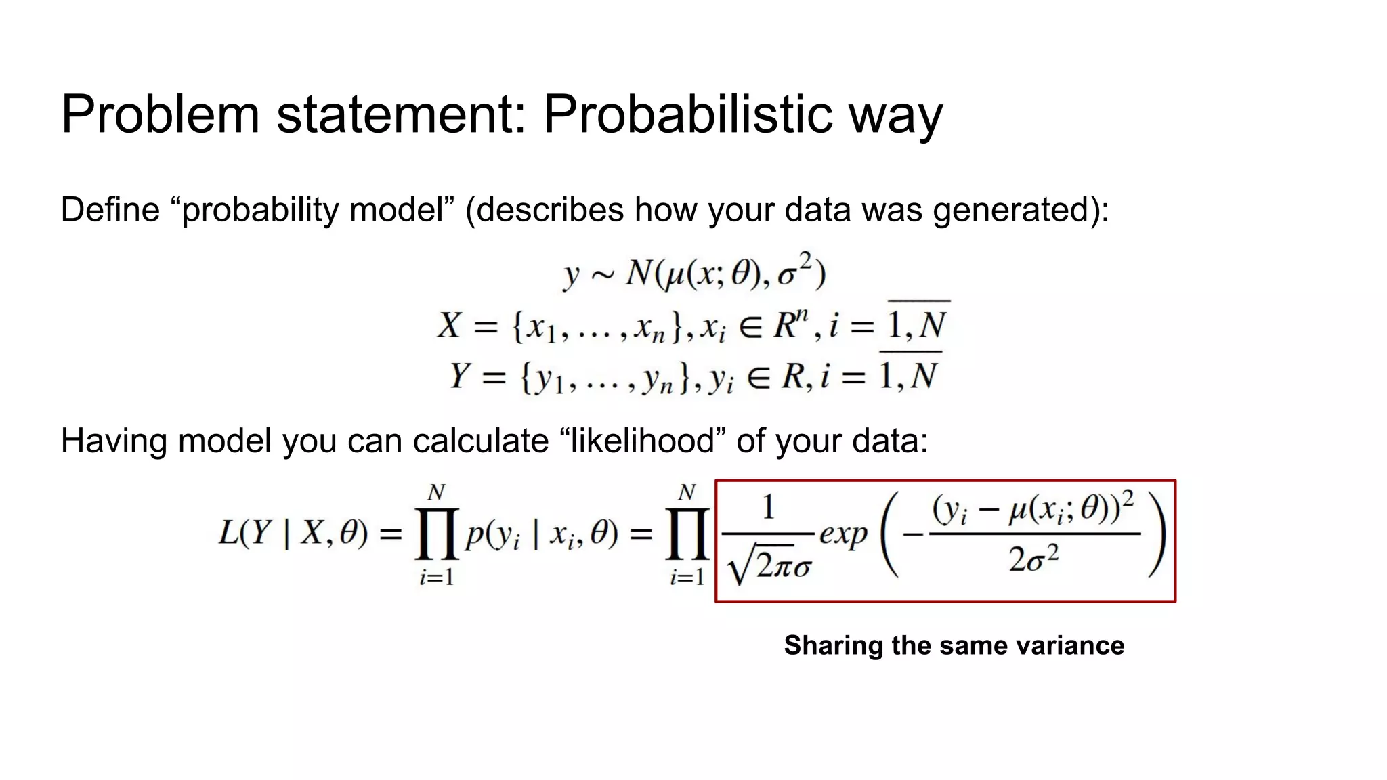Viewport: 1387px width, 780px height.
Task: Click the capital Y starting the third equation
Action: coord(460,376)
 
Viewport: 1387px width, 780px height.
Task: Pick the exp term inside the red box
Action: coord(843,534)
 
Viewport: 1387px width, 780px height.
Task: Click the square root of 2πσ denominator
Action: coord(769,565)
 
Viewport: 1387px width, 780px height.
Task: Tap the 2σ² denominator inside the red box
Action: coord(1033,560)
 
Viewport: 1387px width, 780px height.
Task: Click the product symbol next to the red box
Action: coord(687,535)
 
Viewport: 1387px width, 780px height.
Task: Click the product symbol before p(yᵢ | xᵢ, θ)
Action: coord(437,535)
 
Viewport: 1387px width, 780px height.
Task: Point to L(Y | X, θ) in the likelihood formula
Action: coord(293,534)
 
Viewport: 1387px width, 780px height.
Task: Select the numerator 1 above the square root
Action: coord(768,507)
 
